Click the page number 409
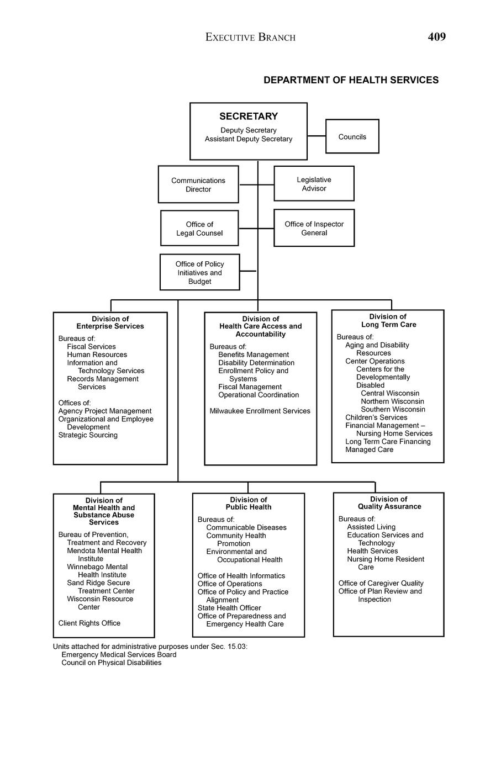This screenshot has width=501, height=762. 436,37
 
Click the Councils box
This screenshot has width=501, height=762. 352,136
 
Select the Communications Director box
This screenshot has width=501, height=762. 198,184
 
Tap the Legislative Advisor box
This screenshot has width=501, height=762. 314,184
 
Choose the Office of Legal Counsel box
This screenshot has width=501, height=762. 199,228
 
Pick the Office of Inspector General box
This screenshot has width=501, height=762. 314,228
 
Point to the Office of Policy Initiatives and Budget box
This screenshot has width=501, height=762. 199,272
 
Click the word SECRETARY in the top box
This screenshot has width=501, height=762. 249,117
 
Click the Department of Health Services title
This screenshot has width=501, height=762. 351,80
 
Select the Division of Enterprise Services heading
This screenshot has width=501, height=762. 110,322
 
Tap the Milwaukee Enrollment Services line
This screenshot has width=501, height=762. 260,411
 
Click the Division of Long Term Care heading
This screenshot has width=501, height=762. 388,321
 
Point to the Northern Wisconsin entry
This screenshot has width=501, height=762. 392,401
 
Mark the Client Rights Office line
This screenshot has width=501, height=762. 89,623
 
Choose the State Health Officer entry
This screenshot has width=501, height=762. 229,608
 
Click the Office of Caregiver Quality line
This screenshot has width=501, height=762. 381,583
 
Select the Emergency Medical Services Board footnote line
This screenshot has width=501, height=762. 119,655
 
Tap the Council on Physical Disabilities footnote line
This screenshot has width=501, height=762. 112,663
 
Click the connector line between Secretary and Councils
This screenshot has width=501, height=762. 317,136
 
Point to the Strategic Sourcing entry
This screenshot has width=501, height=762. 88,435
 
